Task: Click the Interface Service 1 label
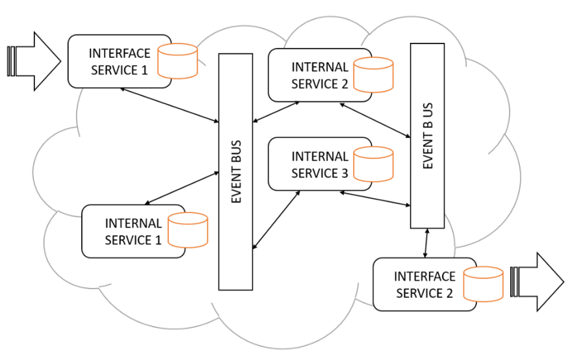click(119, 60)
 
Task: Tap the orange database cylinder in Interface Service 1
click(177, 61)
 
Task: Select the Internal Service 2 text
click(320, 75)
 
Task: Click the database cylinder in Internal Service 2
click(374, 75)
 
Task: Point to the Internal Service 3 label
click(320, 165)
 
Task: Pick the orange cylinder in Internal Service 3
click(374, 164)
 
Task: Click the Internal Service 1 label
click(133, 232)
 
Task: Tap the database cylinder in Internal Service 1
click(188, 231)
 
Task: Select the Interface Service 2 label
click(424, 285)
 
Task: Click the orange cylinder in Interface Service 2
click(483, 284)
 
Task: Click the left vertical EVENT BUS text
click(236, 172)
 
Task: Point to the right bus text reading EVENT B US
click(428, 136)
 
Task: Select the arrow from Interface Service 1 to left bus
click(169, 105)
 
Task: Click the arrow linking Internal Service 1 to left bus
click(183, 187)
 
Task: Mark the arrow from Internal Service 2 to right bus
click(375, 120)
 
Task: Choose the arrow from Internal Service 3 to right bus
click(375, 198)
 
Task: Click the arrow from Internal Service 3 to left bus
click(276, 219)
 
